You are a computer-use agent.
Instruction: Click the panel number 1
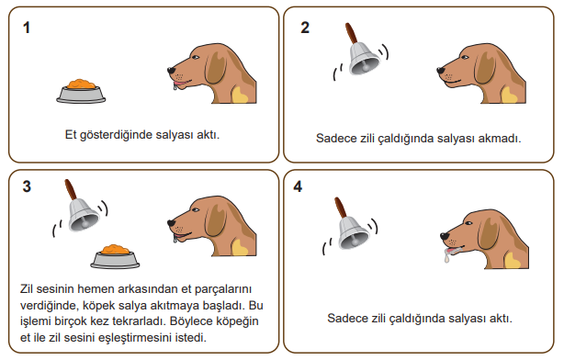tap(27, 28)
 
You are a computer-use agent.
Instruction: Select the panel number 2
tap(305, 28)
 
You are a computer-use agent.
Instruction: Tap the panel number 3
tap(27, 186)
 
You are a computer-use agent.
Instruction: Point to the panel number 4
tap(298, 186)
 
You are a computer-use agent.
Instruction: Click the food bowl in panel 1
tap(81, 91)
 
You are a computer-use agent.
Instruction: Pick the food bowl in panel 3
tap(115, 256)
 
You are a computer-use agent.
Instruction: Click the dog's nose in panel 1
tap(171, 71)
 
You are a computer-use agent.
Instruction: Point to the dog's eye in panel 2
tap(465, 57)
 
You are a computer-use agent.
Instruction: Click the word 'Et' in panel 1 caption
tap(71, 134)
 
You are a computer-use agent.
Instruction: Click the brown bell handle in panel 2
tap(352, 33)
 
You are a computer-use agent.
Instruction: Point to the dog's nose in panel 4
tap(445, 236)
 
